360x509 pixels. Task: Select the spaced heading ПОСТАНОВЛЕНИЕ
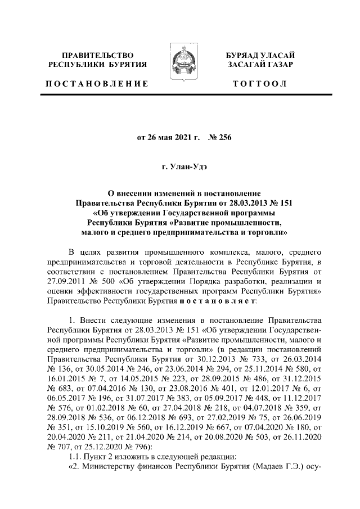(x=97, y=83)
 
